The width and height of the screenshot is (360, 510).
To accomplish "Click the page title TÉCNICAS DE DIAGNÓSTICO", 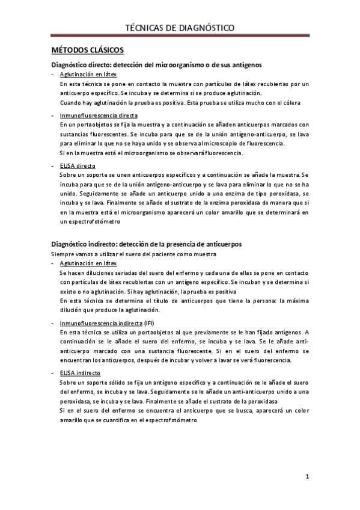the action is coord(179,28).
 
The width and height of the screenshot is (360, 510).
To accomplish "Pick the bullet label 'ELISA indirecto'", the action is coord(80,373).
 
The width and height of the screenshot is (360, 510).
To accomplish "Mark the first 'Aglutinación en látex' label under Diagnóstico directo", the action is coord(88,74).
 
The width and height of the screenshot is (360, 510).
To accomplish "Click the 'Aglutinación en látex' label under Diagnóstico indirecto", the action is coord(88,263).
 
